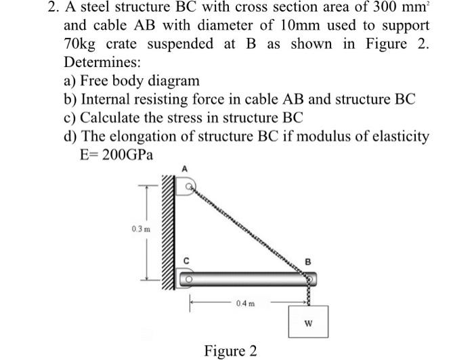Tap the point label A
183,170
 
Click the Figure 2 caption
230,351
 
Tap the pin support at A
186,185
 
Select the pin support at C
187,277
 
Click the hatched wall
168,233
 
